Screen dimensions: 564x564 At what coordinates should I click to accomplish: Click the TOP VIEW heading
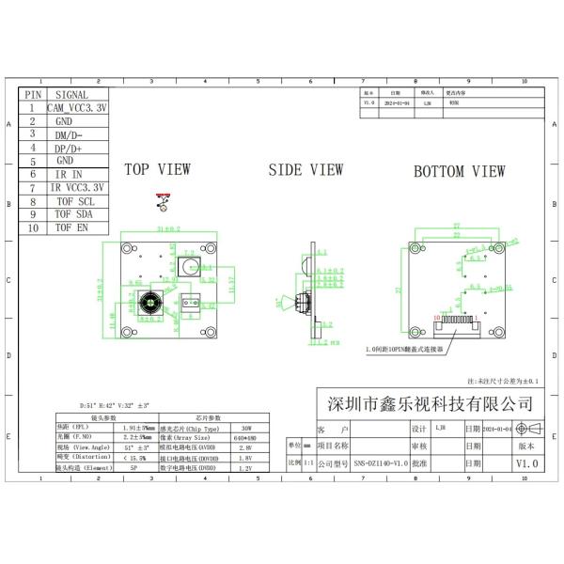coord(158,170)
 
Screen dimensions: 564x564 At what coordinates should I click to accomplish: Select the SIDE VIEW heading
coord(305,170)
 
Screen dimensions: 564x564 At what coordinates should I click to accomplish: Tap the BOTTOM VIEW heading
coord(460,171)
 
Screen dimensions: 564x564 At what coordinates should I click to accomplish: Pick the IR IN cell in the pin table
coord(70,174)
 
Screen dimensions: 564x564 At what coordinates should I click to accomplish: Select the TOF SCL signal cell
coord(74,201)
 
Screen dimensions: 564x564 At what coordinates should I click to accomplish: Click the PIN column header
coord(33,95)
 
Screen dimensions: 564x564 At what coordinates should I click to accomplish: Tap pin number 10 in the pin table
coord(33,227)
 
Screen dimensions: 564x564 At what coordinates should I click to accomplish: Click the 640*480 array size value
coord(247,437)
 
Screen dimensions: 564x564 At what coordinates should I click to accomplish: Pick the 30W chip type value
coord(247,427)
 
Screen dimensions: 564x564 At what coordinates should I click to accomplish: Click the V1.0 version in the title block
coord(527,464)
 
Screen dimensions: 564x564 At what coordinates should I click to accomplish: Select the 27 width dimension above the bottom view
coord(456,227)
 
